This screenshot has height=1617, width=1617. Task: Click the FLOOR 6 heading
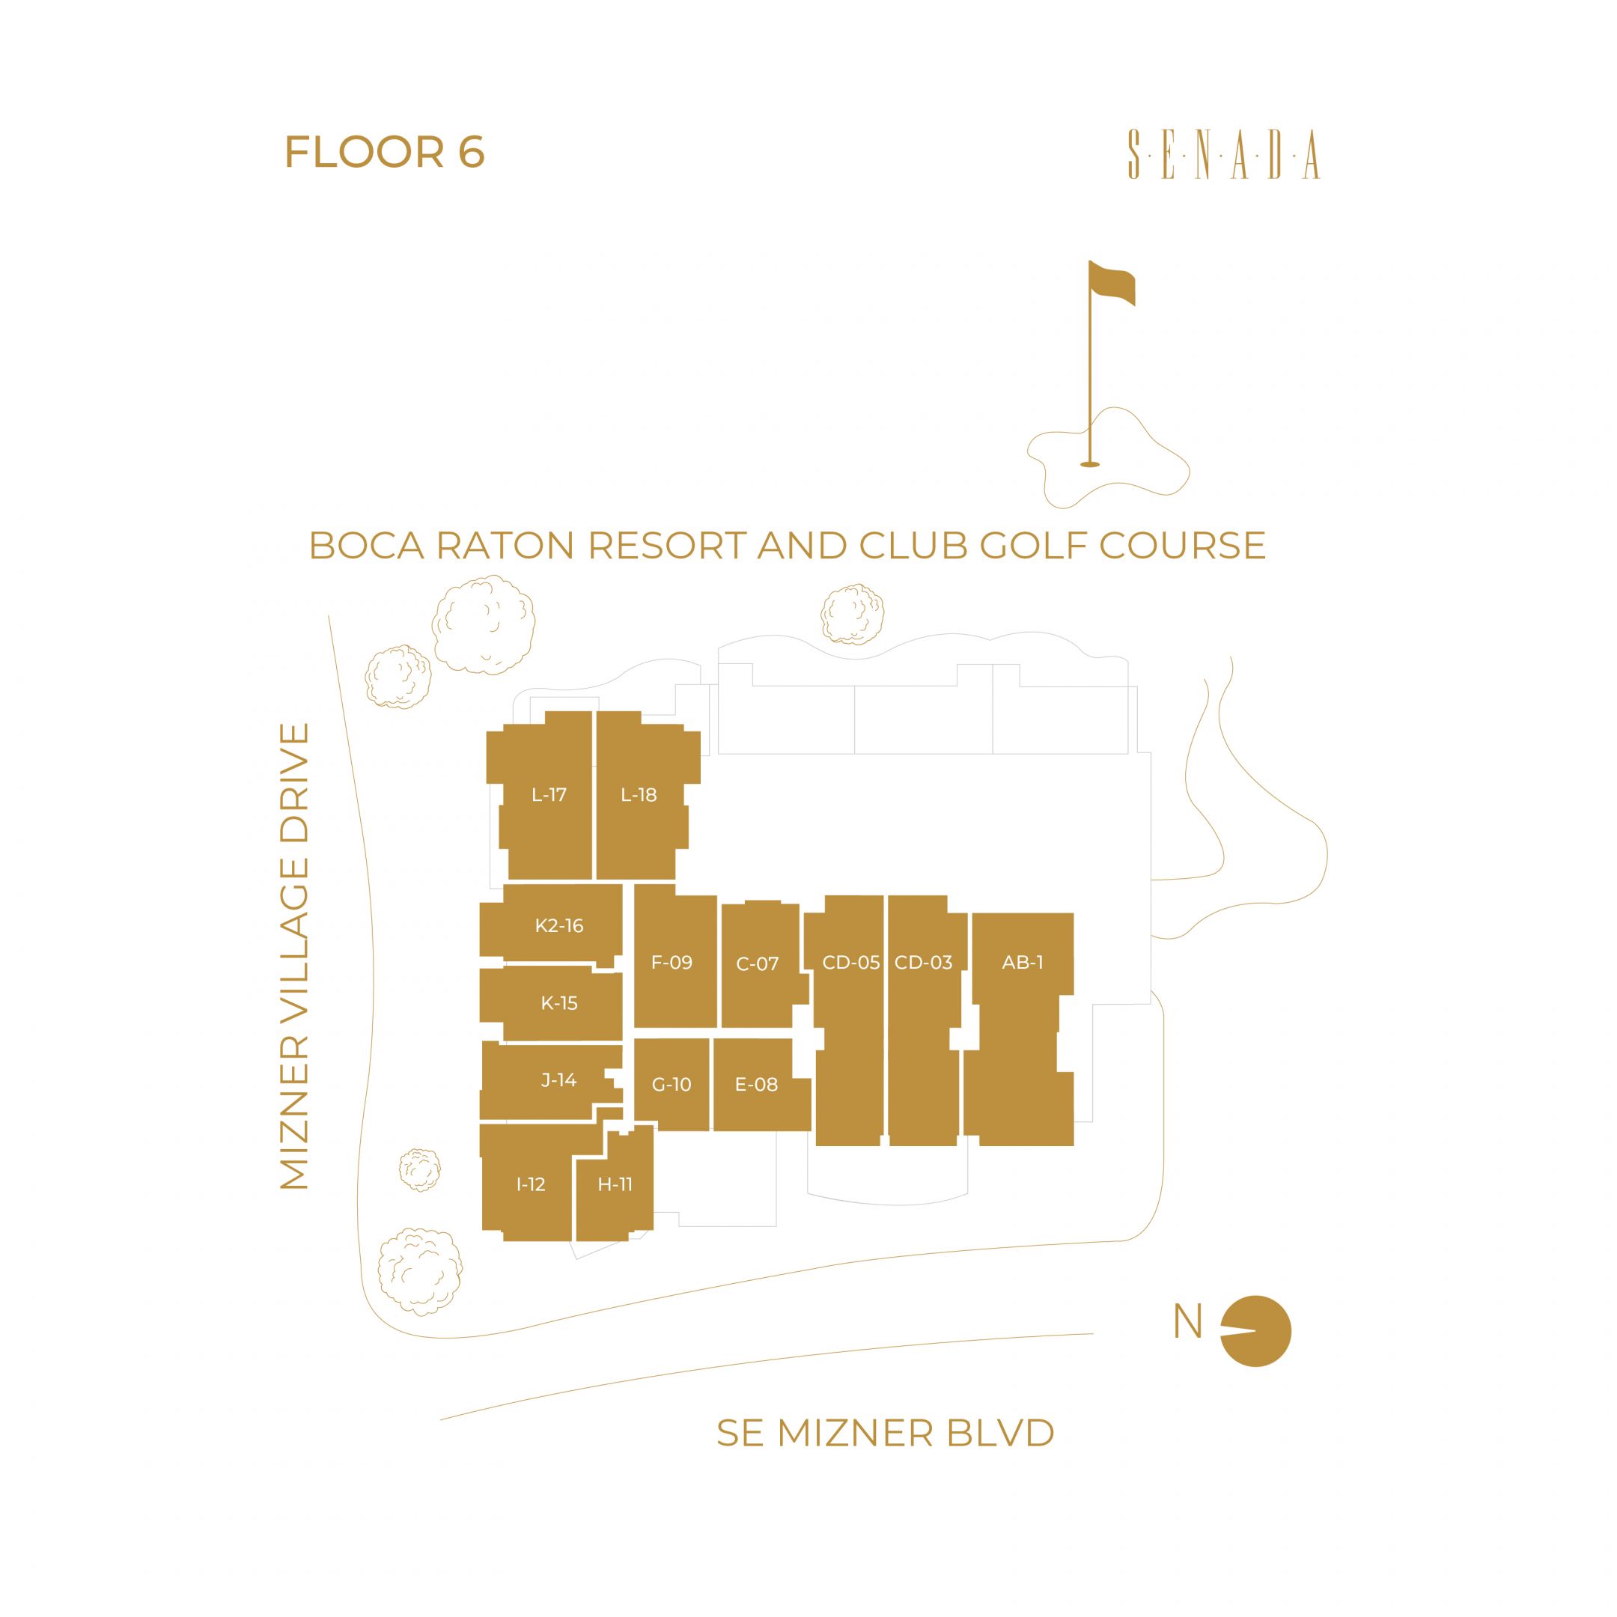pos(384,152)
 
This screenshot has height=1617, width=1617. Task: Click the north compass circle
pos(1255,1332)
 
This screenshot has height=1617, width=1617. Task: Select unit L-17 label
pos(549,795)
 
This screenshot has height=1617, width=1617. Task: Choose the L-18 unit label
pos(639,795)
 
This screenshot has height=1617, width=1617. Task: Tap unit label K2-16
pos(559,926)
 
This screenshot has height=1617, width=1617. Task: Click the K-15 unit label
pos(559,1002)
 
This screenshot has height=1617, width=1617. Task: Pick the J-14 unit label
pos(558,1079)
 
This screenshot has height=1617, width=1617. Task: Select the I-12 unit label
pos(531,1184)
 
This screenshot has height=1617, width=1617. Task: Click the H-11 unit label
pos(615,1184)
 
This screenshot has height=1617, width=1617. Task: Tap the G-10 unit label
pos(672,1085)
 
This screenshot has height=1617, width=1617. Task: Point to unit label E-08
pos(756,1085)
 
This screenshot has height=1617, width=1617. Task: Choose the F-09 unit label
pos(672,963)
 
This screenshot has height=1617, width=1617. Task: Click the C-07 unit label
pos(758,964)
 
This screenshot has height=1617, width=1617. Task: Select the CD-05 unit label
pos(851,963)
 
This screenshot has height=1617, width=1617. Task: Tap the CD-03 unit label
pos(923,963)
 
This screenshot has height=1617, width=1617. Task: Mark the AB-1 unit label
pos(1023,963)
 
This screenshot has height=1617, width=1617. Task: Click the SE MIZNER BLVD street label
pos(886,1433)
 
